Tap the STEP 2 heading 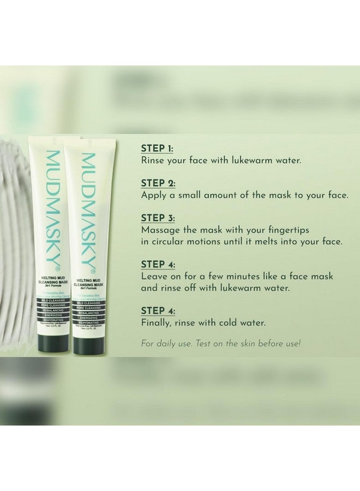point(158,183)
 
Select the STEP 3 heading point(158,217)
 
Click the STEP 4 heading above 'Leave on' point(158,264)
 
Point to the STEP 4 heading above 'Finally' point(158,310)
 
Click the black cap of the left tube point(53,343)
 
